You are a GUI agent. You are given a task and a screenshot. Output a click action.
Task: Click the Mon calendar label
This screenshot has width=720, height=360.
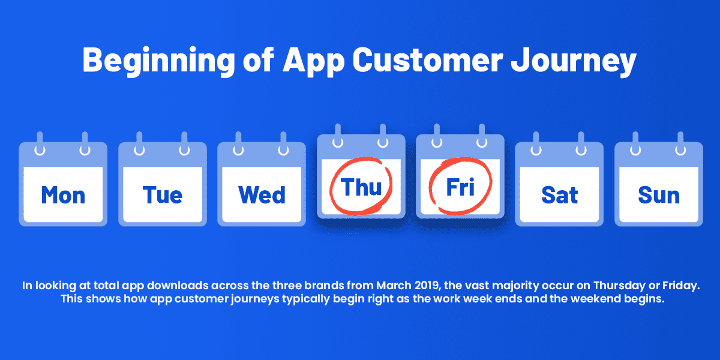click(x=64, y=195)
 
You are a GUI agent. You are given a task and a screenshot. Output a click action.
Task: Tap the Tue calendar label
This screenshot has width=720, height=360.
click(x=163, y=195)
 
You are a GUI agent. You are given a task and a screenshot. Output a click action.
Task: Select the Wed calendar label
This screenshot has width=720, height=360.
click(x=262, y=195)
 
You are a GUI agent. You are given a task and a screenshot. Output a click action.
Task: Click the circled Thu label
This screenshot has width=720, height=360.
click(x=361, y=187)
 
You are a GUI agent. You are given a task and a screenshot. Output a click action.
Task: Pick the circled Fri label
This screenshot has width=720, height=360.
click(x=460, y=187)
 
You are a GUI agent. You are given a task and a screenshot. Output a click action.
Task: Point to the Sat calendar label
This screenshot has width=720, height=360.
click(x=559, y=195)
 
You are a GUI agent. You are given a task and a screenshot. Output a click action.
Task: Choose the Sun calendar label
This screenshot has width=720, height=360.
click(x=659, y=195)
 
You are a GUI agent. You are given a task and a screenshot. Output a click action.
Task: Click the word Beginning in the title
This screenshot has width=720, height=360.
click(x=159, y=61)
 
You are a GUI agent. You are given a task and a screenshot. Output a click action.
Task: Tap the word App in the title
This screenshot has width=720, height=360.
click(x=313, y=62)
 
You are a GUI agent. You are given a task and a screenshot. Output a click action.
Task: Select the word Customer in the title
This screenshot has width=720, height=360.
click(x=427, y=60)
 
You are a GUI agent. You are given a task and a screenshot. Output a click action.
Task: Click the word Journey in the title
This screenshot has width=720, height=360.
click(x=574, y=62)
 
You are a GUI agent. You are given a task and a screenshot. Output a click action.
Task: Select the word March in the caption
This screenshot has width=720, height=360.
click(x=394, y=286)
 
